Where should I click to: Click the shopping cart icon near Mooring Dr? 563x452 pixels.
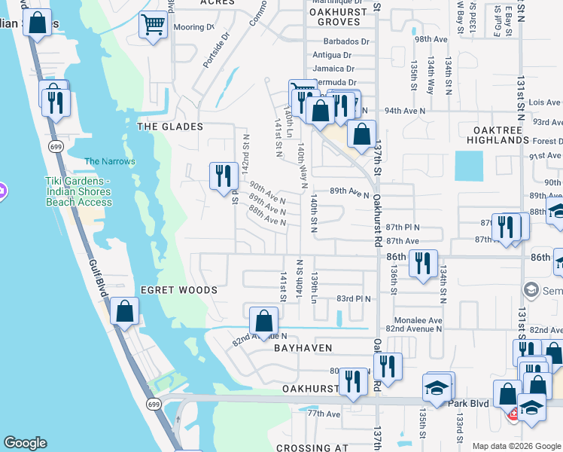click(x=153, y=26)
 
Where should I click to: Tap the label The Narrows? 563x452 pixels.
click(x=110, y=161)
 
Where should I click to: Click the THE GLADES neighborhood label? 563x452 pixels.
click(x=170, y=127)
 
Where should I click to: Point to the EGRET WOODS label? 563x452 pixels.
click(x=178, y=290)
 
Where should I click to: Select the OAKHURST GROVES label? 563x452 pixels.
click(x=337, y=17)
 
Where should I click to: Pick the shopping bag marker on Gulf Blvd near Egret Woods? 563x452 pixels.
click(x=124, y=311)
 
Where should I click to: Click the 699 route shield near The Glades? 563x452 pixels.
click(x=55, y=146)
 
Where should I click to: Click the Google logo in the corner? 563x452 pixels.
click(x=26, y=443)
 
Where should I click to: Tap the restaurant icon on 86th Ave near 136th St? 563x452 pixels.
click(x=423, y=264)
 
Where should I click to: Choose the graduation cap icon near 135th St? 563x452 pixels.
click(x=437, y=388)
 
